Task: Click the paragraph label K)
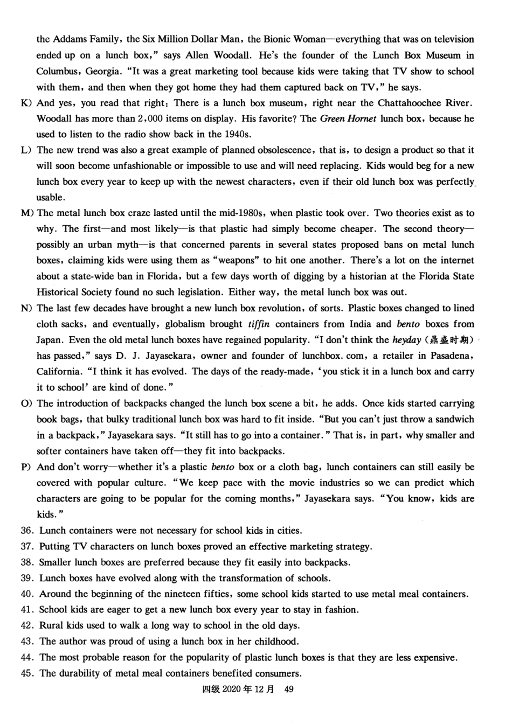(26, 103)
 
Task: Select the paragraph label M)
(27, 213)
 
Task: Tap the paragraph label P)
(26, 467)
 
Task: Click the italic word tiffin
(259, 324)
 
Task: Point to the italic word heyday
(406, 340)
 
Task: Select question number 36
(27, 531)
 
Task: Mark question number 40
(27, 594)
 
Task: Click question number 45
(27, 673)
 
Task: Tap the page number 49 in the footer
(288, 689)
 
